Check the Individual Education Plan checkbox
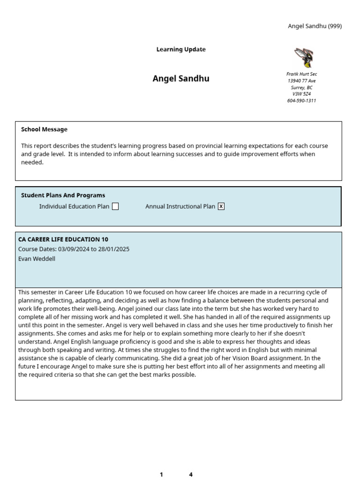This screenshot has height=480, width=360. (115, 206)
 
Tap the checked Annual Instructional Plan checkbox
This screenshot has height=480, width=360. (221, 206)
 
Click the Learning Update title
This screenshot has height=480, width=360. (181, 50)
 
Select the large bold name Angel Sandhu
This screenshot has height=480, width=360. (181, 79)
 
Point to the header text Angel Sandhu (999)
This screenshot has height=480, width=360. (315, 26)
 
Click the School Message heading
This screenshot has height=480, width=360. (44, 129)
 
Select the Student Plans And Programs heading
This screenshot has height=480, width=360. (63, 195)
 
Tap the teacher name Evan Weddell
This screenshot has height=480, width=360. (37, 259)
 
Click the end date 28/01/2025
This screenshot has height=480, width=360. (114, 249)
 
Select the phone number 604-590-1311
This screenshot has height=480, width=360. (301, 101)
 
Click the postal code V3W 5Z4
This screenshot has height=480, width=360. (301, 94)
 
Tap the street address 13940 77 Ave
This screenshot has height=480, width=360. (301, 81)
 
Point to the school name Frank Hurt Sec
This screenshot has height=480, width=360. (301, 74)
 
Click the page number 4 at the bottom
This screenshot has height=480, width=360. (191, 474)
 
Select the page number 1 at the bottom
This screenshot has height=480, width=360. (161, 474)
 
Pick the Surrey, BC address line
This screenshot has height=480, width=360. (301, 87)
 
